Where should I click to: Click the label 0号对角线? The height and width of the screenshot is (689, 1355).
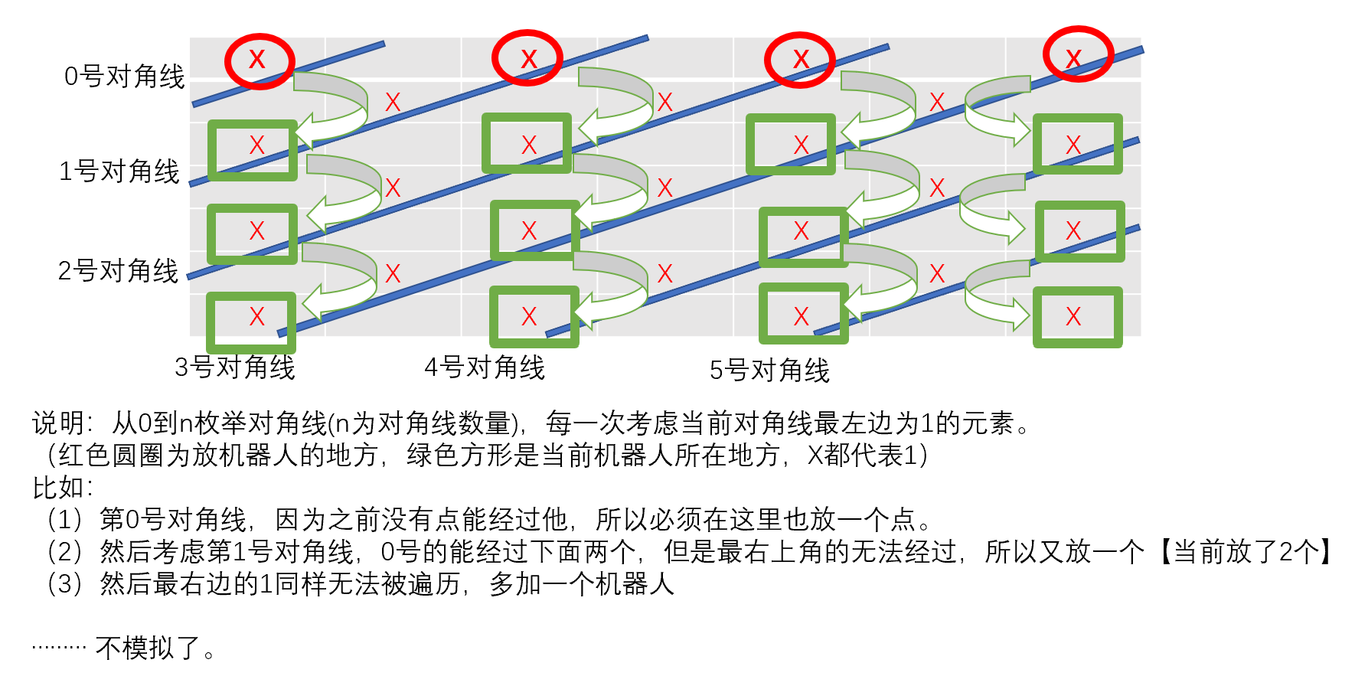(124, 77)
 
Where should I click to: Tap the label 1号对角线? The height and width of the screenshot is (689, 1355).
(119, 171)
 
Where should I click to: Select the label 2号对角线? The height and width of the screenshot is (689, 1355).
(118, 271)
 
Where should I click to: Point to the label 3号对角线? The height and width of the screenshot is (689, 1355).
(234, 367)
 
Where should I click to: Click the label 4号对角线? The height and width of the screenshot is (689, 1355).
(485, 367)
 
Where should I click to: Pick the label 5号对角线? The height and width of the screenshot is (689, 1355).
(769, 371)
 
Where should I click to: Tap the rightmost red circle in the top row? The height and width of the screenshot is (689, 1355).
(1078, 54)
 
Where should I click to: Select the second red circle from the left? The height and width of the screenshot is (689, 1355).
(527, 58)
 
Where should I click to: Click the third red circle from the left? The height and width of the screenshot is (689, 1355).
(800, 60)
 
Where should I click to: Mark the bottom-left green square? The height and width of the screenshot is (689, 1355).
(251, 322)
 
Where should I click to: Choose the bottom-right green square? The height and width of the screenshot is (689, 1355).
(1077, 317)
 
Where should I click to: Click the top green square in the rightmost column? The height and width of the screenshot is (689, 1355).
(1077, 144)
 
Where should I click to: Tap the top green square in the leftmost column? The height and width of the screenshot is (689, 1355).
(253, 150)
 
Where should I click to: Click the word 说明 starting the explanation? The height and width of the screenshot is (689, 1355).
(58, 423)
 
